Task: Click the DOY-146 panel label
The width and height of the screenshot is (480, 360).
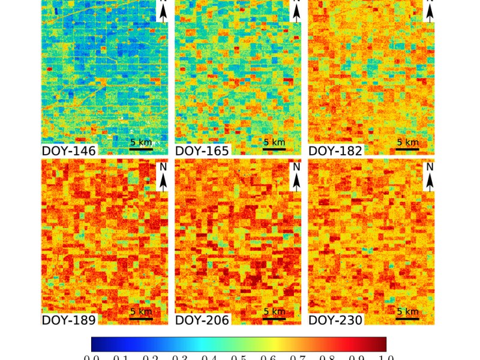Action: tap(68, 151)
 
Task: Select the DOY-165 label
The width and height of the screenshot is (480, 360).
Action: tap(202, 151)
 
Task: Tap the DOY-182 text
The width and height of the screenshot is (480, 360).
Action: tap(335, 151)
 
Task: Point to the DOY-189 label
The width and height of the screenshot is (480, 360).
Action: tap(68, 320)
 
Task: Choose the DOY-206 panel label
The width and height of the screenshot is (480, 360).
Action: tap(202, 320)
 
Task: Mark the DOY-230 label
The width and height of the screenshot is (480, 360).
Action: tap(335, 320)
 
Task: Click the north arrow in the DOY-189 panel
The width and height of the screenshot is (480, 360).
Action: tap(163, 176)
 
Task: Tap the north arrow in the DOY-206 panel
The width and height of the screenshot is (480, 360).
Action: tap(296, 176)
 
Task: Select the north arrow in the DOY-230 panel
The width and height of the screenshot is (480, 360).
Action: tap(430, 176)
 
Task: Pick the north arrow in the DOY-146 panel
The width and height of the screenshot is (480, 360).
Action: tap(163, 12)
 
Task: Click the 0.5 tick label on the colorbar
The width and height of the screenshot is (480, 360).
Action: tap(239, 358)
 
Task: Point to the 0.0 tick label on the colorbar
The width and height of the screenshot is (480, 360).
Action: tap(92, 358)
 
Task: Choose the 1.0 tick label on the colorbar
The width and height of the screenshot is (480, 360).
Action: tap(386, 358)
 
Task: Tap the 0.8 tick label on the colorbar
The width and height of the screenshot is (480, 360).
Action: tap(327, 358)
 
